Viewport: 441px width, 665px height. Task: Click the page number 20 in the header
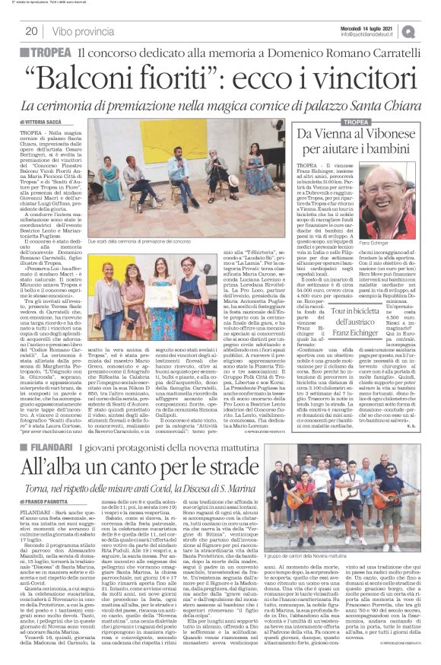tap(33, 31)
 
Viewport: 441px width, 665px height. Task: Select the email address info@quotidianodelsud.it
tap(370, 34)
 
